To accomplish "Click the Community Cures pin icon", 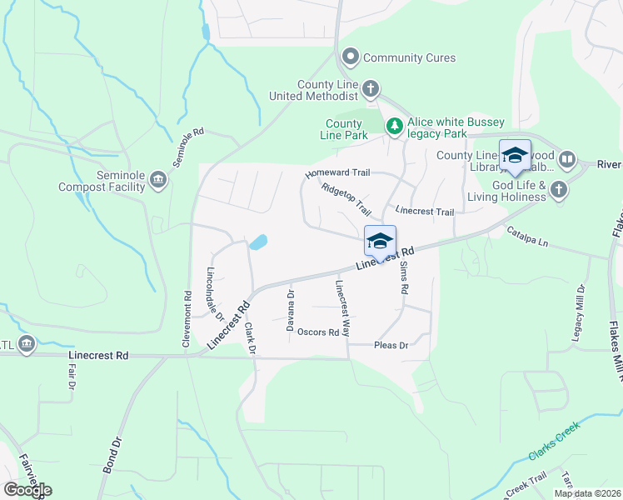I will tap(351, 57).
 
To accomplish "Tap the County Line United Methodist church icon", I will tap(371, 88).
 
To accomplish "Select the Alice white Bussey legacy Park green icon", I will tap(394, 126).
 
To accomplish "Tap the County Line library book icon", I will tap(567, 158).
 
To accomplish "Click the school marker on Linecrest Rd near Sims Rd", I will tap(380, 242).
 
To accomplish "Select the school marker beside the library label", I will tap(515, 156).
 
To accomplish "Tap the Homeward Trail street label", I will tap(336, 173).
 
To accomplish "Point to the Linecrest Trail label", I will tap(425, 212).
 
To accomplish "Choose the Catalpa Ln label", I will tap(528, 237).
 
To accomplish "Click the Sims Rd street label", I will tap(404, 277).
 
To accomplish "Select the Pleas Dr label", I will tap(391, 345).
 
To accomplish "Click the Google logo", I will tap(27, 490).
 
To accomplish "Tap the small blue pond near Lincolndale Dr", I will tap(257, 242).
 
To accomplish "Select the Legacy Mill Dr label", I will tap(580, 311).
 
